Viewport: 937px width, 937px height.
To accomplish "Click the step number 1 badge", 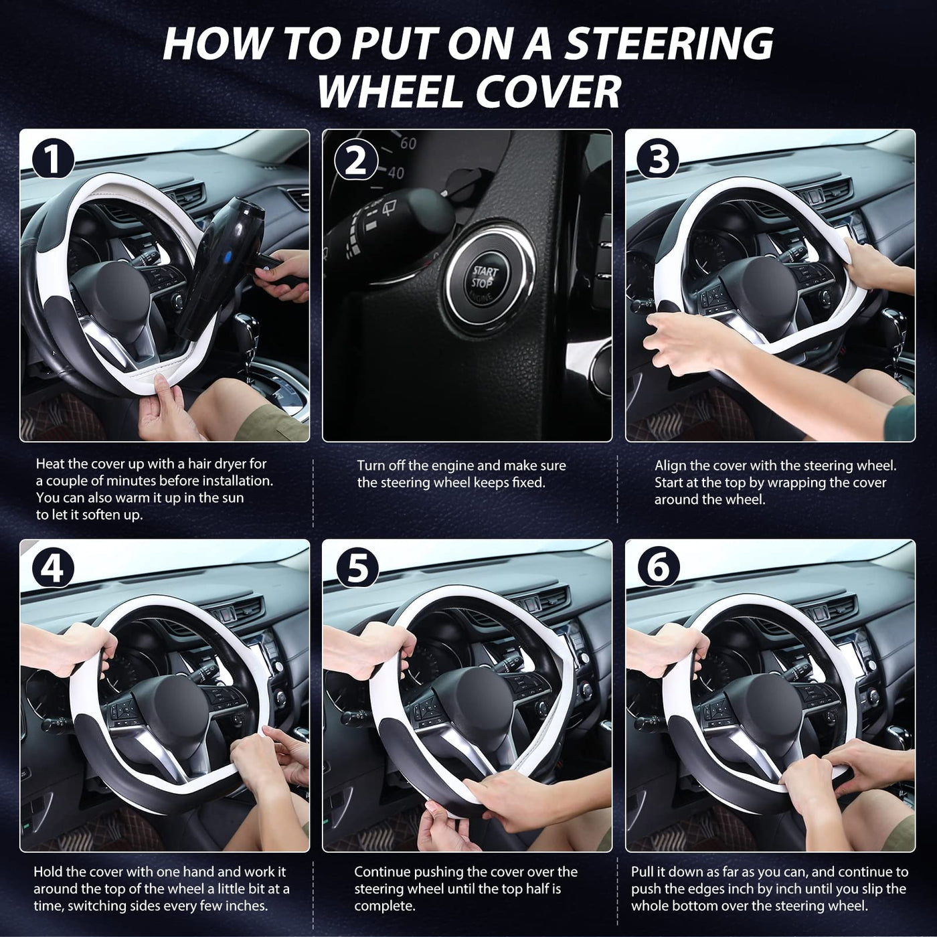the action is tap(53, 159).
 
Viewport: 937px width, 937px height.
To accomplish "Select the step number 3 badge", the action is tap(659, 159).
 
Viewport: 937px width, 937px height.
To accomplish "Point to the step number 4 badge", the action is tap(53, 568).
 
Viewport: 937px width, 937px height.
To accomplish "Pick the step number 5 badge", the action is tap(356, 568).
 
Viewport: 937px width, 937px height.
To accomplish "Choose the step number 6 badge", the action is tap(659, 568).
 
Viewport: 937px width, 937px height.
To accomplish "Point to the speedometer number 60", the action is tap(408, 143).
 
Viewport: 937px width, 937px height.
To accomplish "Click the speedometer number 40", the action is tap(396, 172).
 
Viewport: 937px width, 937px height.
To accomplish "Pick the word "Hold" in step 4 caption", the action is tap(47, 872).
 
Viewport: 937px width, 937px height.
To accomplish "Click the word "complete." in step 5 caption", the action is tap(385, 906).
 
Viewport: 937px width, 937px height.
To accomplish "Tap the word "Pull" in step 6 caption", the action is tap(643, 872).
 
